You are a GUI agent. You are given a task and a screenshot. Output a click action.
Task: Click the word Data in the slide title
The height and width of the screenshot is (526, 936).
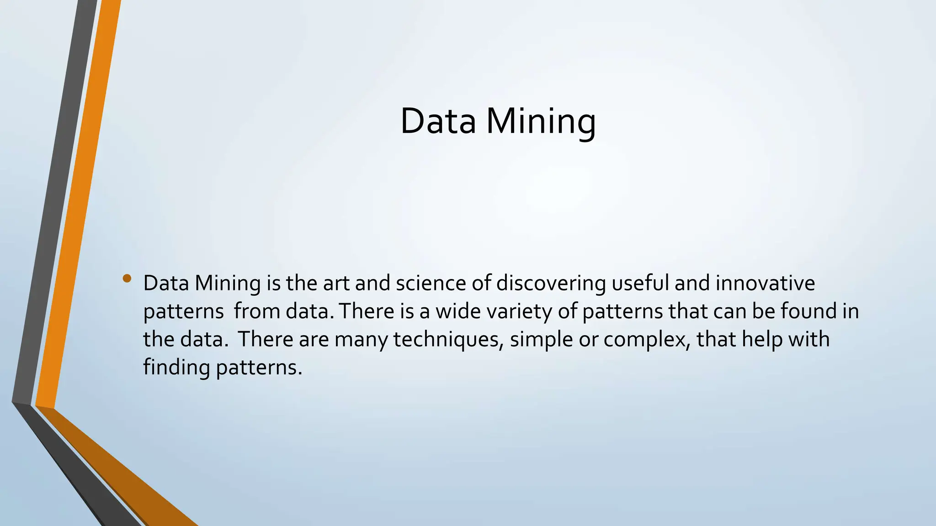(x=438, y=121)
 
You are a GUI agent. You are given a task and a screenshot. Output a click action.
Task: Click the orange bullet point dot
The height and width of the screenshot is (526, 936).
(x=127, y=278)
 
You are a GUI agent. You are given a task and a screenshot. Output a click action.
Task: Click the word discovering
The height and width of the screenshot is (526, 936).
(x=551, y=283)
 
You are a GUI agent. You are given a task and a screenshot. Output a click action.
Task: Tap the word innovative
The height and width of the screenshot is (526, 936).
(x=765, y=283)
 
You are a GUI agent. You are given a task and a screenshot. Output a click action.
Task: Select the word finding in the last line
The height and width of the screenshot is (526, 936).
(x=176, y=368)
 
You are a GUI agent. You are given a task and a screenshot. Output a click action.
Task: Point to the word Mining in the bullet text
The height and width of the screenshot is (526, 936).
(x=228, y=283)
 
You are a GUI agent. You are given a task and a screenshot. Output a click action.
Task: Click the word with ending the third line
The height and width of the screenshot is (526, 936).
(x=808, y=340)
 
